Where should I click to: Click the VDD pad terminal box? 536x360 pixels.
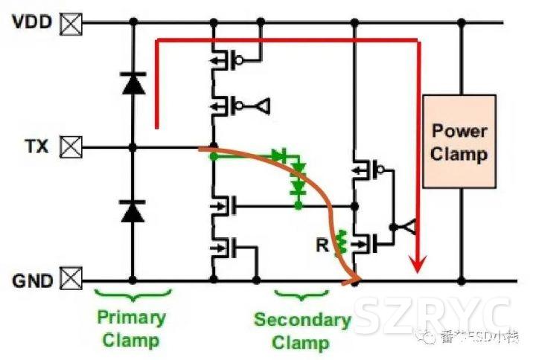[71, 22]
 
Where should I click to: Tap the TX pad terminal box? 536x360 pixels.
[71, 147]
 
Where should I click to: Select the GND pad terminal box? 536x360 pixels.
[71, 280]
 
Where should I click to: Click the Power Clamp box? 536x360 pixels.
[459, 141]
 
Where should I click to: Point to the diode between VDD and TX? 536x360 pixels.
[133, 84]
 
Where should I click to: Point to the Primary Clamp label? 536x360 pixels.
[130, 329]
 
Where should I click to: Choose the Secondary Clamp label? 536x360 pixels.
[301, 332]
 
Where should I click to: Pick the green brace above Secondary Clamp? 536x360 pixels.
[300, 297]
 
